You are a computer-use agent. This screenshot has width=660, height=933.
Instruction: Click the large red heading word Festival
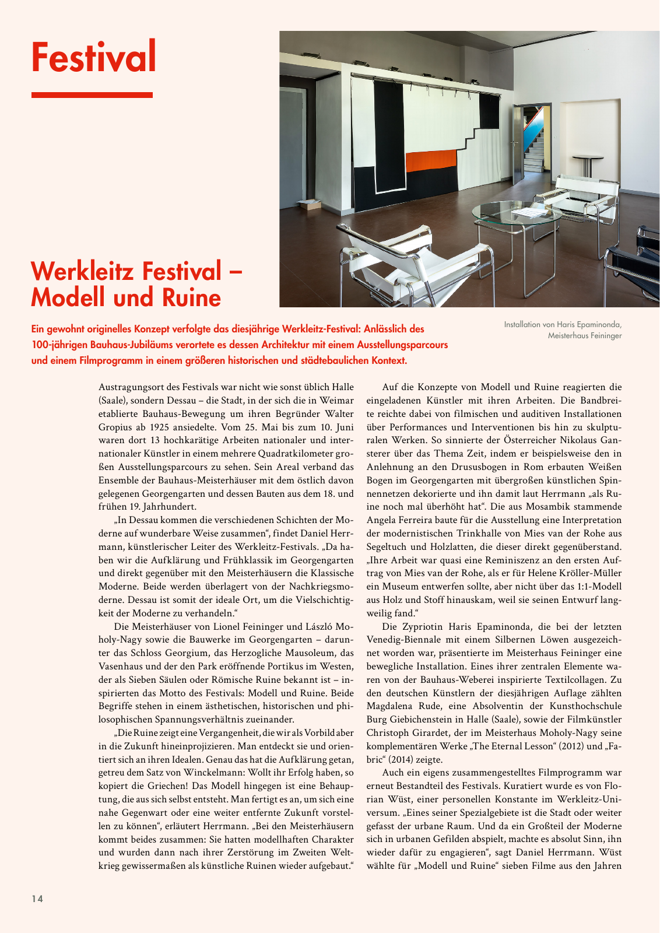(x=94, y=57)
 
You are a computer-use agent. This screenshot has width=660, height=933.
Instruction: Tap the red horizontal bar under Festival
(x=92, y=95)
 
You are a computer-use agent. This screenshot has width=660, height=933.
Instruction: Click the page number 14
(x=37, y=899)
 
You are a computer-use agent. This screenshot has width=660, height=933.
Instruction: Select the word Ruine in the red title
(x=192, y=298)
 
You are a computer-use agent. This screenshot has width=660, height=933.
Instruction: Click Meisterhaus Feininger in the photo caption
(x=584, y=336)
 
